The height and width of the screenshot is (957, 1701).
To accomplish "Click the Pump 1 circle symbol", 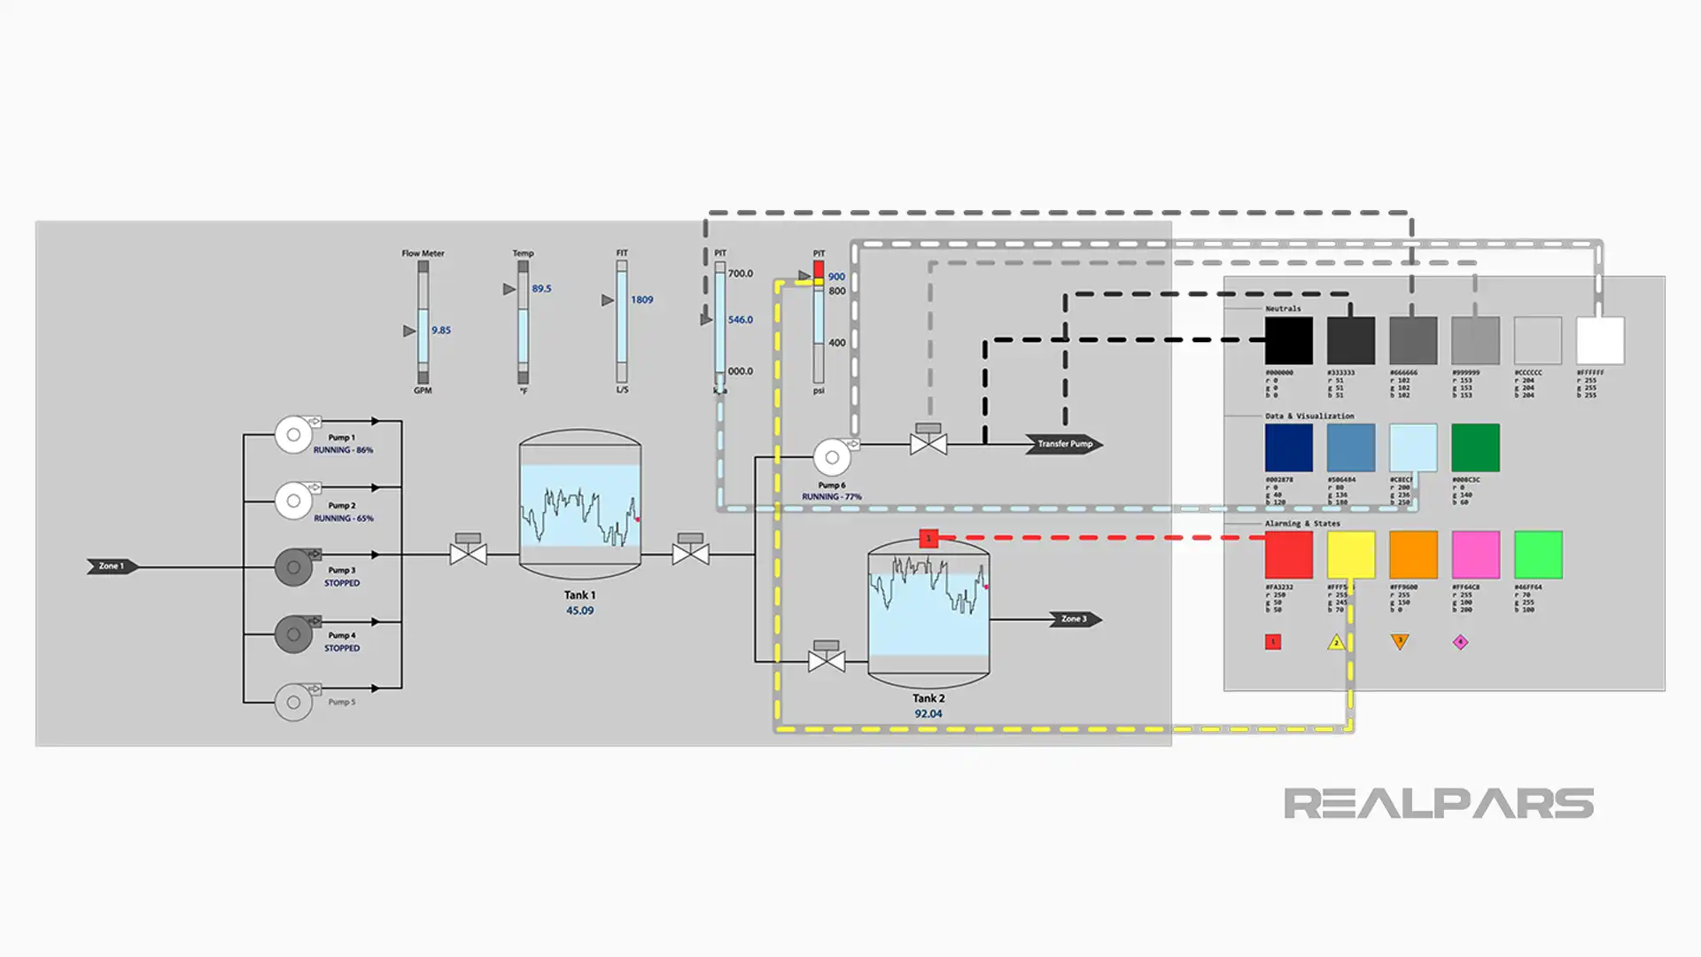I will pos(293,435).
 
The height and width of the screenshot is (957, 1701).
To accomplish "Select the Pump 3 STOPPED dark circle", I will pos(293,567).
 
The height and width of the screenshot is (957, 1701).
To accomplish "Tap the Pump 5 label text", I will pos(341,702).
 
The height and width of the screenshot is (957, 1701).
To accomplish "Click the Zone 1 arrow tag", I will pos(112,566).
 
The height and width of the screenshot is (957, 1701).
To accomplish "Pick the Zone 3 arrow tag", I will pos(1075,619).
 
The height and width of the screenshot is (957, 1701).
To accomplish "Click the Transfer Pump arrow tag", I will pos(1064,444).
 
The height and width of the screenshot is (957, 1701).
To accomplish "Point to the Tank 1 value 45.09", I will pos(579,611).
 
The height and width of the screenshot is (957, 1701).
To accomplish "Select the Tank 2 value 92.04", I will pos(928,713).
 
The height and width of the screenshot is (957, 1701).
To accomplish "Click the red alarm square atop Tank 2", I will pos(928,539).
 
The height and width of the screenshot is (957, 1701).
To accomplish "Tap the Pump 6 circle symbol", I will pos(832,457).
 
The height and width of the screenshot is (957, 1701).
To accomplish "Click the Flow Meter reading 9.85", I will pos(440,331).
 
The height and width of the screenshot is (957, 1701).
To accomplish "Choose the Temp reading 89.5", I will pos(540,289).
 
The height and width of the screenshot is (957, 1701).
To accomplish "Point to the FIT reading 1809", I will pos(641,300).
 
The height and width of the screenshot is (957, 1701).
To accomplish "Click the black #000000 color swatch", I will pos(1288,340).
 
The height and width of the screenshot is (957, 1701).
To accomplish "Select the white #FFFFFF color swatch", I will pos(1600,340).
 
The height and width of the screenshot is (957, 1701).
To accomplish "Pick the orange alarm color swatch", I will pos(1413,555).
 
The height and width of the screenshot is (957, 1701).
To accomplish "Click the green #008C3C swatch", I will pos(1475,447).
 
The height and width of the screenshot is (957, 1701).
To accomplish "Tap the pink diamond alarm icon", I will pos(1460,642).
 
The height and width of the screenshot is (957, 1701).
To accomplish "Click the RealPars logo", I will pos(1438,804).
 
